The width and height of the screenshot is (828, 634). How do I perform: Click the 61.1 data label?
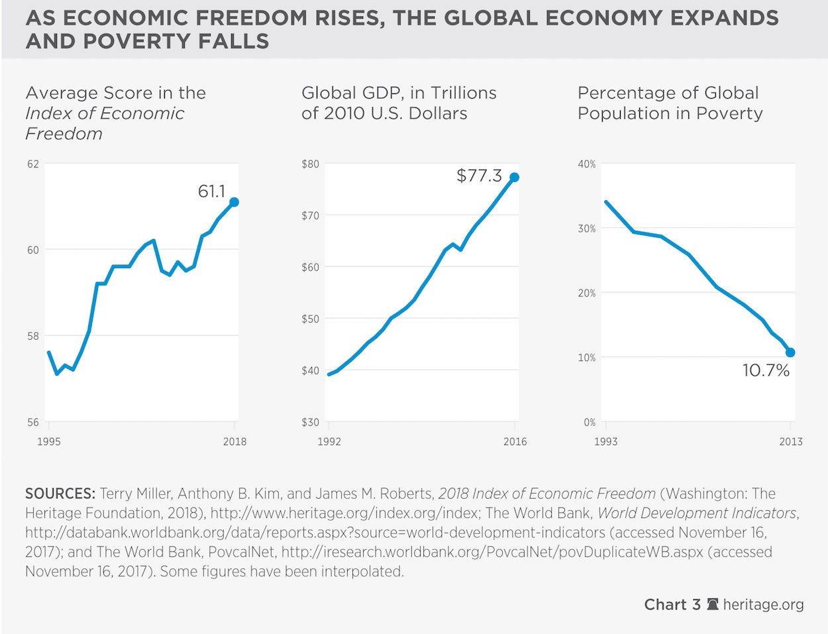[x=211, y=191]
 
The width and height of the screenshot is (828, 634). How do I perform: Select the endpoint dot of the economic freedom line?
[x=234, y=202]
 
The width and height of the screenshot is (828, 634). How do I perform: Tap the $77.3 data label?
[x=479, y=176]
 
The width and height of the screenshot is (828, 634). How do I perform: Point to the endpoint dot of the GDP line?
[x=514, y=178]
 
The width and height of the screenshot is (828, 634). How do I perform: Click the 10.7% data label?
[x=766, y=370]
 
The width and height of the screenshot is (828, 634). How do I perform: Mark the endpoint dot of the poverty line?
[x=790, y=352]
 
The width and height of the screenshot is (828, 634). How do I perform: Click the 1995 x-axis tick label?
[x=48, y=441]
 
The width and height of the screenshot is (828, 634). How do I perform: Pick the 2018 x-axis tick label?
[x=234, y=441]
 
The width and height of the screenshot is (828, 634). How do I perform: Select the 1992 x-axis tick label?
[x=329, y=441]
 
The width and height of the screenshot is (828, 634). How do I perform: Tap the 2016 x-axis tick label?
[x=515, y=441]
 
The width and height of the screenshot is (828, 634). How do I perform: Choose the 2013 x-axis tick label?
[x=790, y=441]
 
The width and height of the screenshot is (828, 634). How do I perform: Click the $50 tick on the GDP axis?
[x=310, y=319]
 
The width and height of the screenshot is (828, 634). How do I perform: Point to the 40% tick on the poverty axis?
[x=587, y=164]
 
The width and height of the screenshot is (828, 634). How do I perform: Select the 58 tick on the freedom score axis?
[x=33, y=336]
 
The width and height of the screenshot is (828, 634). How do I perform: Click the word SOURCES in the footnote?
[x=60, y=494]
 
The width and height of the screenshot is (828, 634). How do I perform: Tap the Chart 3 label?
[x=672, y=604]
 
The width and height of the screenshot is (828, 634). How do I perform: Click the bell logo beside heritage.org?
[x=713, y=604]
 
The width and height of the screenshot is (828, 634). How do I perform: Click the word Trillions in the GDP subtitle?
[x=461, y=93]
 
